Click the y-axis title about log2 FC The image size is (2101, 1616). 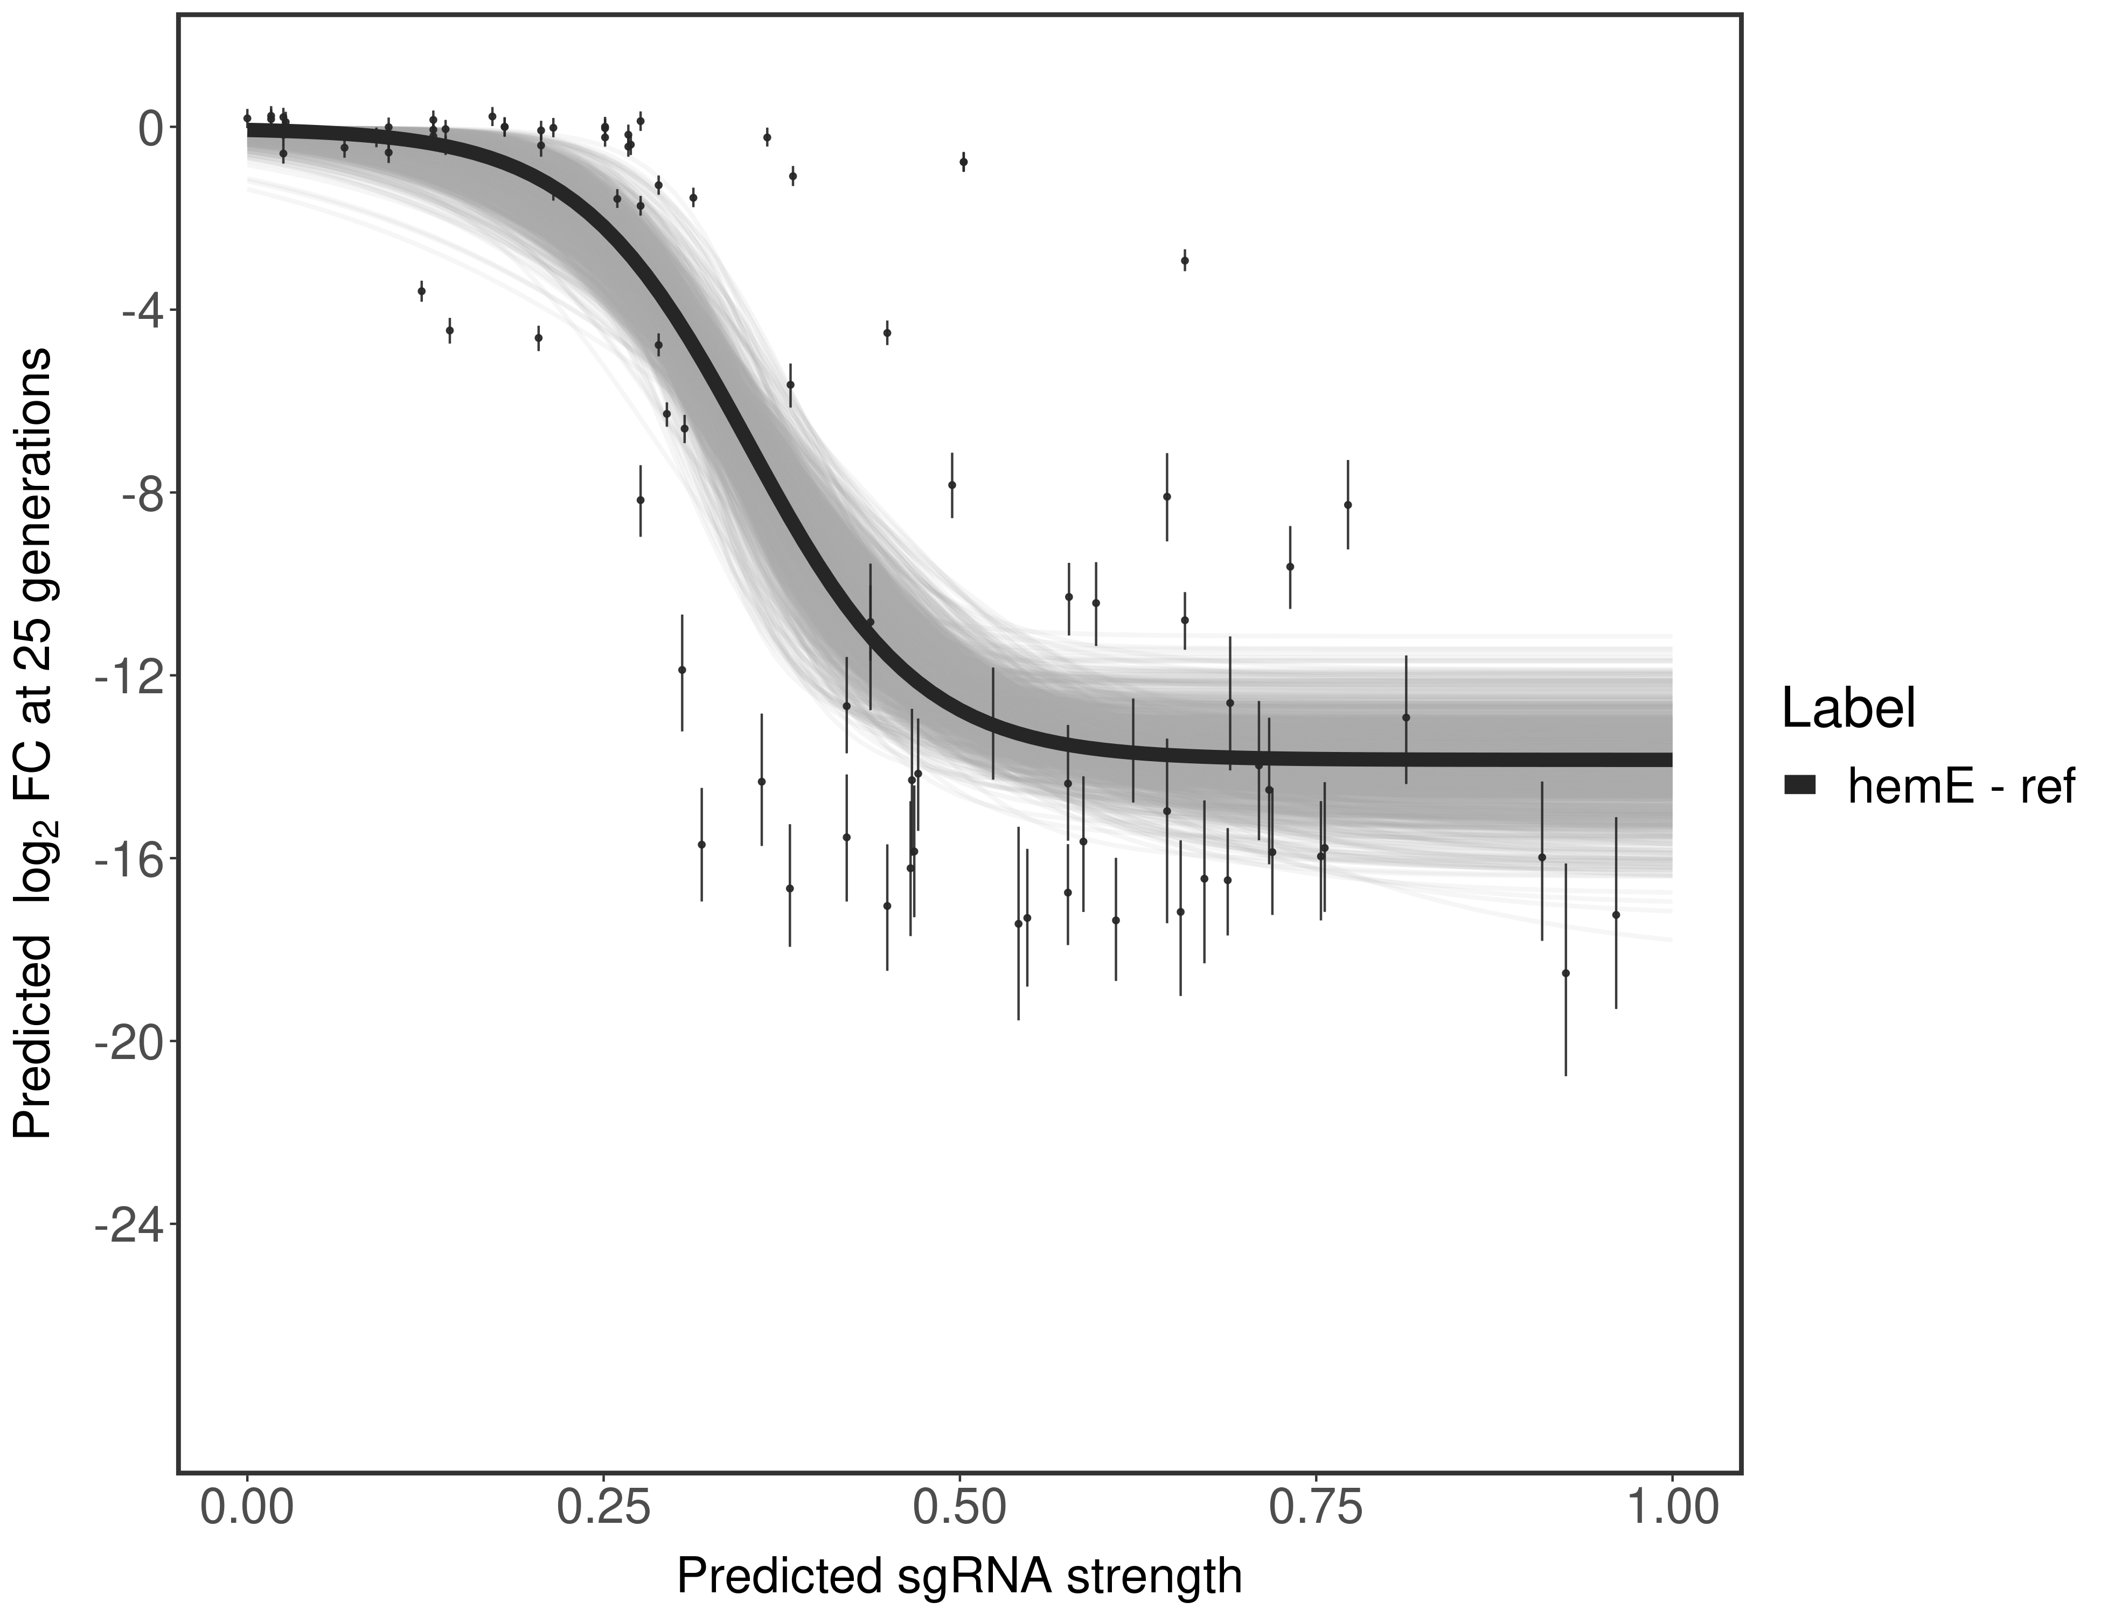[x=33, y=743]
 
